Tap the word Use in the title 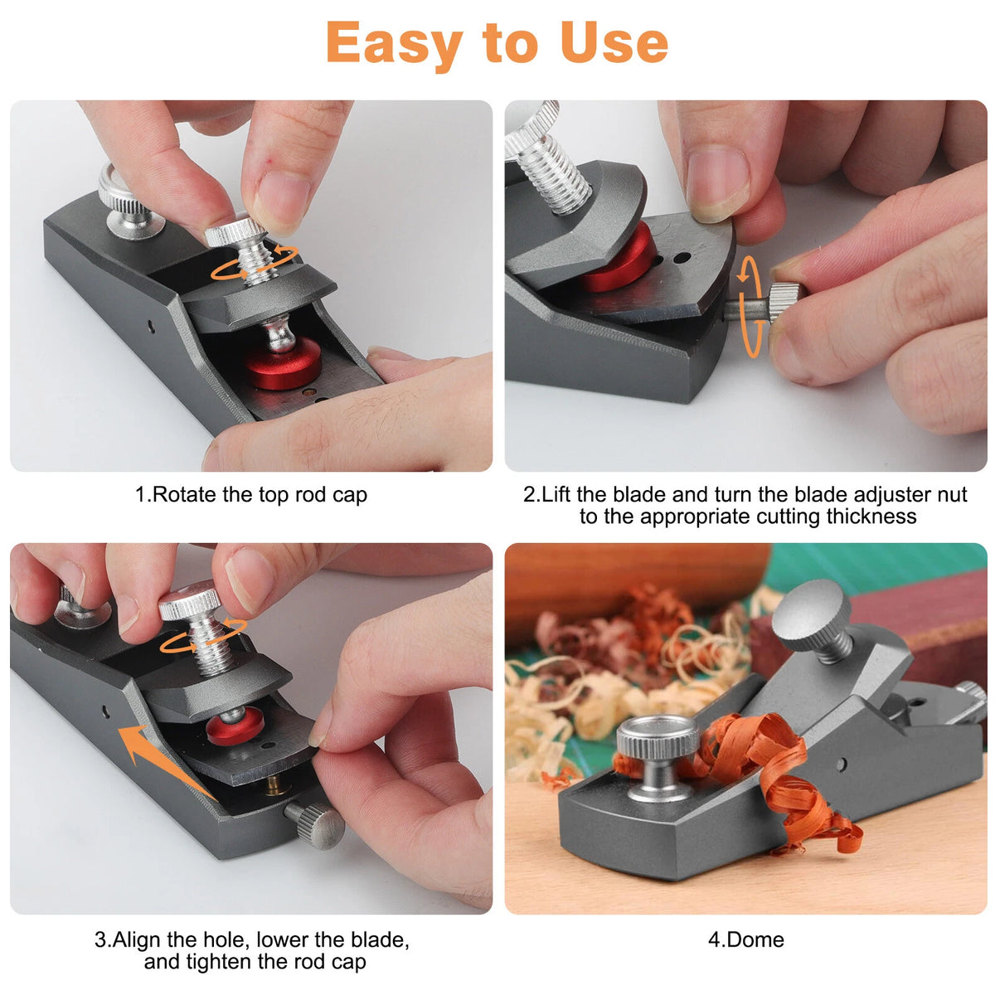(614, 43)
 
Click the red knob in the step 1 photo (283, 363)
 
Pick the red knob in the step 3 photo (235, 726)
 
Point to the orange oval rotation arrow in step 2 (750, 307)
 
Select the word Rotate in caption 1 (185, 494)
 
